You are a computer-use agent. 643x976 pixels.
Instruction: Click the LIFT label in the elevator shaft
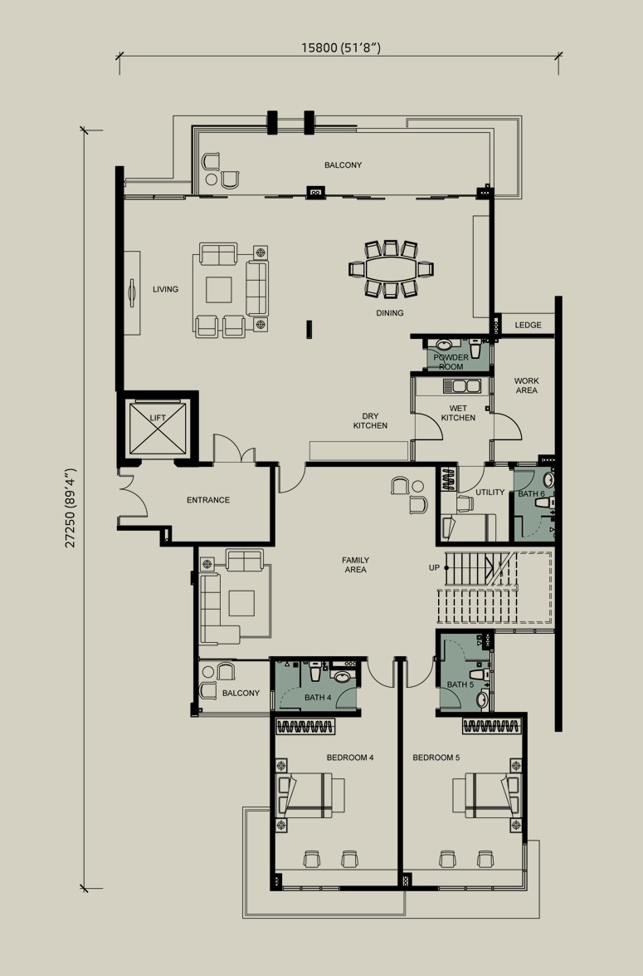pyautogui.click(x=158, y=418)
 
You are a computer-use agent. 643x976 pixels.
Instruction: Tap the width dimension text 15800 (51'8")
pyautogui.click(x=341, y=48)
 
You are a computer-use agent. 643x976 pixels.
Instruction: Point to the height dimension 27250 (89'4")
pyautogui.click(x=71, y=508)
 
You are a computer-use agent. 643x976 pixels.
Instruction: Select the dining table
pyautogui.click(x=391, y=269)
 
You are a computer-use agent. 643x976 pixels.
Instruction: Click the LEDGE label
pyautogui.click(x=528, y=325)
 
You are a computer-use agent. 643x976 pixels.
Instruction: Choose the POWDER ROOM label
pyautogui.click(x=451, y=361)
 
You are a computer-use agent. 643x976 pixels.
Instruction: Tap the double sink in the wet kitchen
pyautogui.click(x=461, y=386)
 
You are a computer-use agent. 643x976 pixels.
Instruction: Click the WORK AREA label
pyautogui.click(x=527, y=385)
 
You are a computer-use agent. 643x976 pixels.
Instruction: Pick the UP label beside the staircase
pyautogui.click(x=434, y=567)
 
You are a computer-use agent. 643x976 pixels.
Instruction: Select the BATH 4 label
pyautogui.click(x=318, y=697)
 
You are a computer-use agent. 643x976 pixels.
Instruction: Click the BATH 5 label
pyautogui.click(x=460, y=684)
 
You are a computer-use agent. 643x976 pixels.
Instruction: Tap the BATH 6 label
pyautogui.click(x=531, y=493)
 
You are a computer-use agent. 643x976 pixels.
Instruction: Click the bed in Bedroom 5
pyautogui.click(x=486, y=795)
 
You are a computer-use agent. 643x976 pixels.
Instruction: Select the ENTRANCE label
pyautogui.click(x=208, y=500)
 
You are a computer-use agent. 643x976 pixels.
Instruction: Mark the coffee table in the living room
pyautogui.click(x=219, y=289)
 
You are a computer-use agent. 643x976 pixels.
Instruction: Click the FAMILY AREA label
pyautogui.click(x=355, y=565)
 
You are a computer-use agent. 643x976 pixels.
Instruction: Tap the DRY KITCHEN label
pyautogui.click(x=370, y=421)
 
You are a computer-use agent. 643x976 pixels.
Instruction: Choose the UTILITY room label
pyautogui.click(x=490, y=493)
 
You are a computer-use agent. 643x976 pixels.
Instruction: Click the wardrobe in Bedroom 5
pyautogui.click(x=491, y=727)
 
